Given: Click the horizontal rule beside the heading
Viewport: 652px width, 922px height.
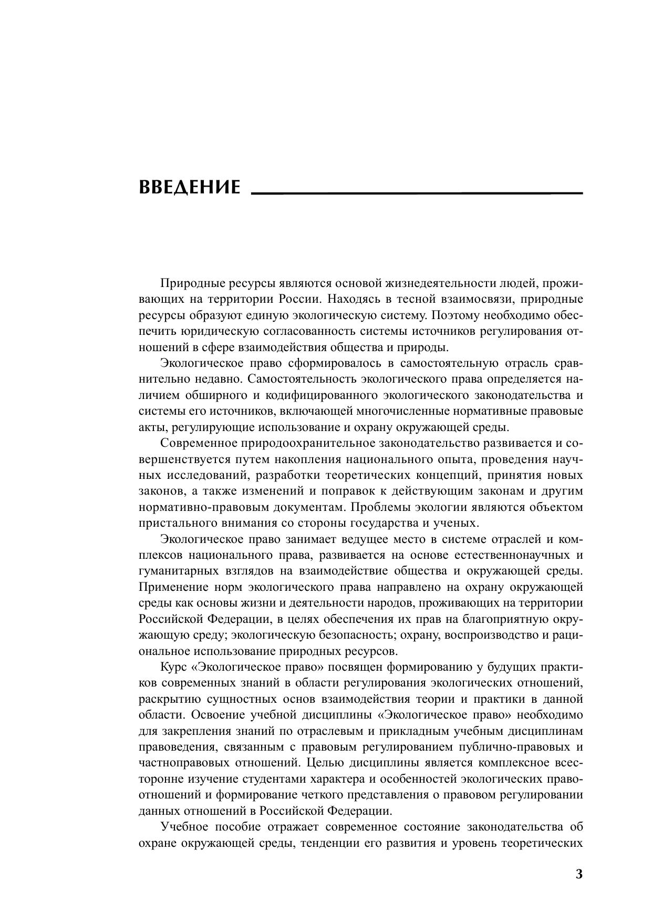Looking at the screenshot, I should pos(417,193).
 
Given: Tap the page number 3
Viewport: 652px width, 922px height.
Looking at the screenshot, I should pos(579,875).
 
